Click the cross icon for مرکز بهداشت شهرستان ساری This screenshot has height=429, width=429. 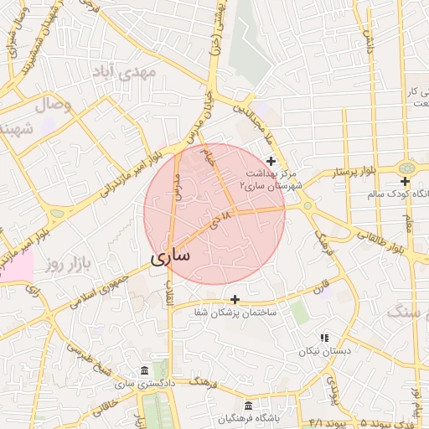(x=270, y=161)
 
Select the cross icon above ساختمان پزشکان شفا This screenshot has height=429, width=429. (x=235, y=298)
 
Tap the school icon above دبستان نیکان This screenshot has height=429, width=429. (x=324, y=338)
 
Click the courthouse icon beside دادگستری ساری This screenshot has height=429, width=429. (x=145, y=371)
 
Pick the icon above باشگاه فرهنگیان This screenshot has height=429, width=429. (x=247, y=406)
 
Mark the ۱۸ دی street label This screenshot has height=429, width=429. (x=219, y=223)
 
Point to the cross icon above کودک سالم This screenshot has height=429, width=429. (x=405, y=182)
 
